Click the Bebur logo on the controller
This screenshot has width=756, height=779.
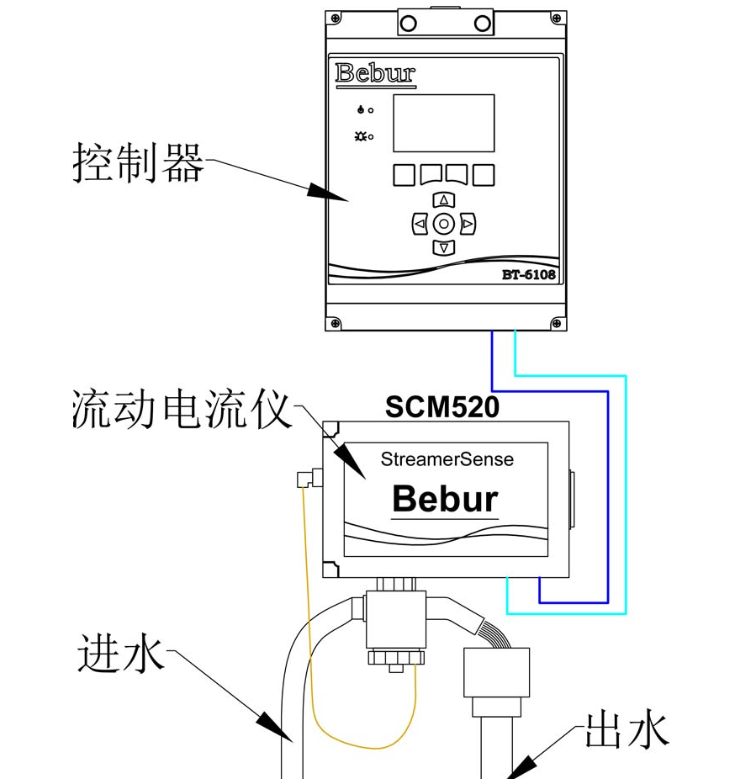coord(375,73)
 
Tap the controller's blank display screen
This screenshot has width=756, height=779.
coord(443,123)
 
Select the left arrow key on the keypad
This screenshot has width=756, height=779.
coord(420,224)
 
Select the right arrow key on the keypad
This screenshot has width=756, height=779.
coord(468,224)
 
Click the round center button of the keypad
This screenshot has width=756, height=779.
coord(444,224)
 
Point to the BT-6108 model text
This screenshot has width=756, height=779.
coord(529,274)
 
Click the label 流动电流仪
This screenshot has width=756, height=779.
coord(181,410)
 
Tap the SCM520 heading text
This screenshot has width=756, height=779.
coord(442,407)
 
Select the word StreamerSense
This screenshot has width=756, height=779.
coord(447,459)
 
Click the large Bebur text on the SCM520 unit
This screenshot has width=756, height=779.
coord(445,500)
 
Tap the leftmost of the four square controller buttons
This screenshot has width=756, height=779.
coord(404,175)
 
